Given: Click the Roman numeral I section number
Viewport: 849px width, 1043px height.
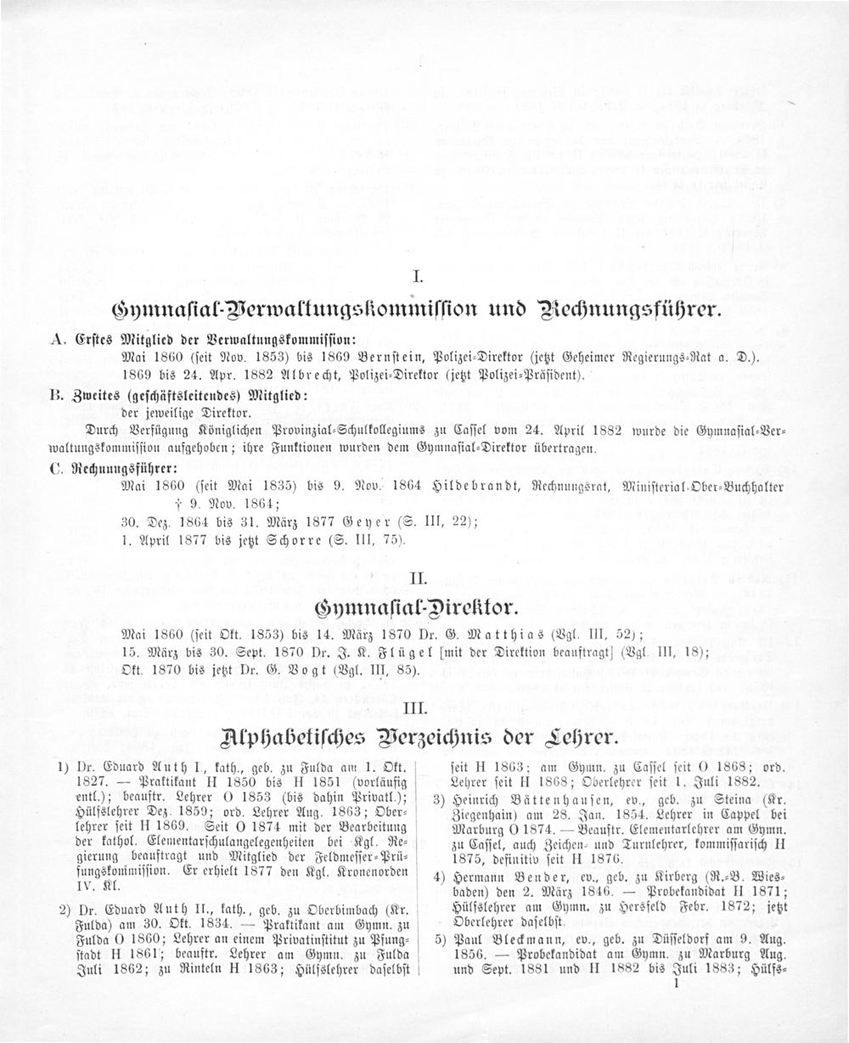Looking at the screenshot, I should (x=416, y=276).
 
